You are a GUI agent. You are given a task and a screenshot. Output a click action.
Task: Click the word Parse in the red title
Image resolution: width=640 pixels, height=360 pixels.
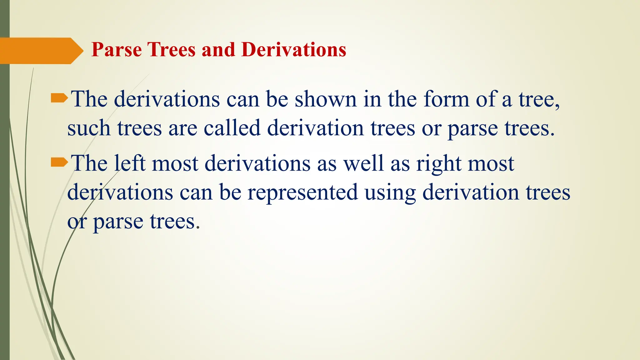pos(116,50)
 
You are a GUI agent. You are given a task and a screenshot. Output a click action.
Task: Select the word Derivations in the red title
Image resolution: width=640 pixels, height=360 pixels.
pos(293,50)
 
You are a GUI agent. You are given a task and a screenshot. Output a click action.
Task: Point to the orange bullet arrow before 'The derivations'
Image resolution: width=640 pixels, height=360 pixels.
pos(59,99)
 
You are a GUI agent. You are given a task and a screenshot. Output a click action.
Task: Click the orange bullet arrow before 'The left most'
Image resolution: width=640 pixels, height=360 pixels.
pos(59,162)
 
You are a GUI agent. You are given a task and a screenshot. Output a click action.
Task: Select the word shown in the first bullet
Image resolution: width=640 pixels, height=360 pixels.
pos(325,99)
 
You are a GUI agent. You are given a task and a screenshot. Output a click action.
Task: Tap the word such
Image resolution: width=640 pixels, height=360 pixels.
pos(89,128)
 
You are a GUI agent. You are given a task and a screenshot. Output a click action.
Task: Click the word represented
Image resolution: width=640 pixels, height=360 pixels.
pos(302,192)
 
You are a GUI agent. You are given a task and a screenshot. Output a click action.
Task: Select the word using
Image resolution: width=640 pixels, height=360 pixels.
pos(390,192)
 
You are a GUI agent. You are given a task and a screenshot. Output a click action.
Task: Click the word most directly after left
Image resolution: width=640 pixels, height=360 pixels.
pos(175,164)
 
